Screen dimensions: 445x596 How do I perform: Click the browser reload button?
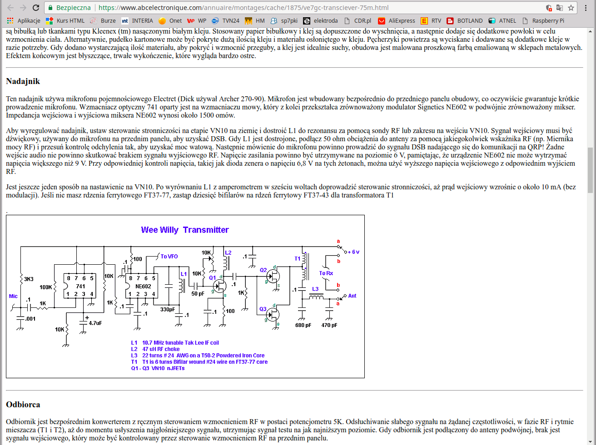[x=35, y=8]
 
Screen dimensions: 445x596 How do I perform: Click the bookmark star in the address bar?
[x=571, y=8]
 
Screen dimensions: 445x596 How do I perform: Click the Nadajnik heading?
[x=23, y=81]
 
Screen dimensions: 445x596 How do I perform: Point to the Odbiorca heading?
[x=23, y=405]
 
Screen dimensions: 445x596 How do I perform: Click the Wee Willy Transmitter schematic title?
[x=185, y=230]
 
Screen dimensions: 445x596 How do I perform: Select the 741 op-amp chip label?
[x=80, y=287]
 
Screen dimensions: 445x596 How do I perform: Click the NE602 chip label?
[x=143, y=287]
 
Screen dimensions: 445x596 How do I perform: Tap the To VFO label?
[x=169, y=257]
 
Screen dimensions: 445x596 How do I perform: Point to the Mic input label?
[x=13, y=296]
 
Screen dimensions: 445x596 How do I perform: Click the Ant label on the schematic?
[x=352, y=296]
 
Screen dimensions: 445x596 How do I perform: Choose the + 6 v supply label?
[x=353, y=252]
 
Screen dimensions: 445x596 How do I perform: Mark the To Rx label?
[x=326, y=273]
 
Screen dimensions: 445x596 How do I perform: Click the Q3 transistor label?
[x=263, y=309]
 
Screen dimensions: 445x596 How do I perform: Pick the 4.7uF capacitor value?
[x=95, y=323]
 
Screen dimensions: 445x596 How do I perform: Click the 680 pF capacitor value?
[x=303, y=325]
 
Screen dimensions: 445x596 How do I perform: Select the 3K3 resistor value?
[x=29, y=279]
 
